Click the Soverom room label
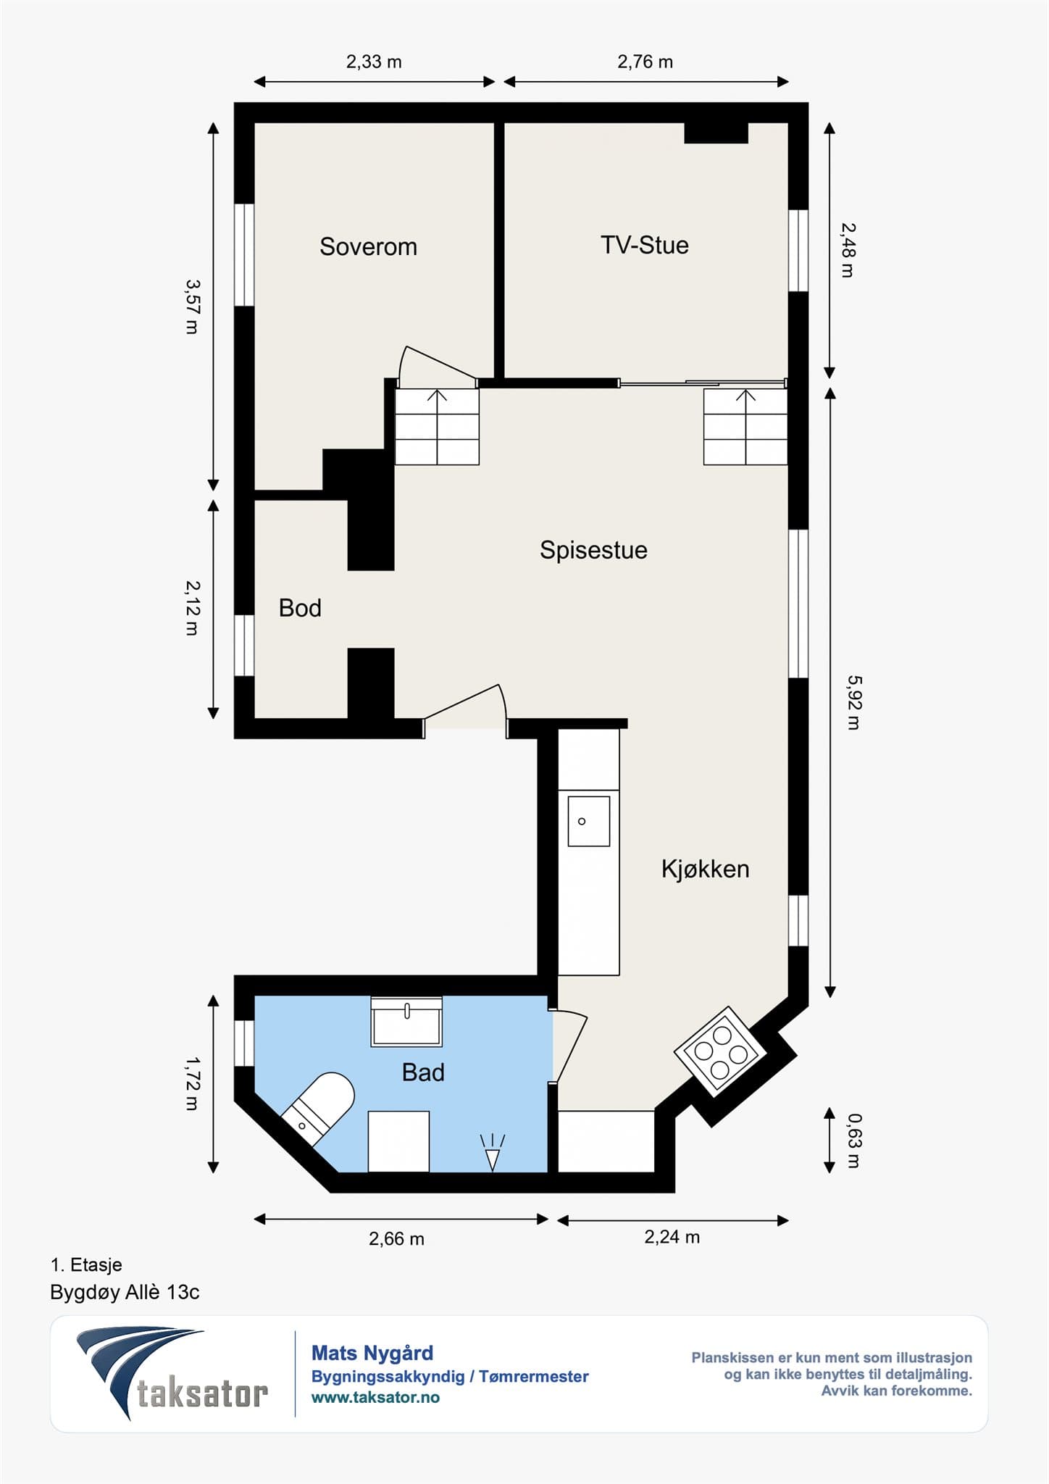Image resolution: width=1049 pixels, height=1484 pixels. coord(368,247)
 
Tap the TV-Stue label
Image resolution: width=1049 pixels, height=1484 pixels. coord(644,245)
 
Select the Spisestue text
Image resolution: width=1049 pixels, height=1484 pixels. coord(593,551)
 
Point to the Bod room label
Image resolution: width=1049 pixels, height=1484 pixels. coord(300,608)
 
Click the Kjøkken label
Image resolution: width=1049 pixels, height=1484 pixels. coord(705,869)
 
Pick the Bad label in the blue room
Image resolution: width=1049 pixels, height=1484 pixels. coord(423,1072)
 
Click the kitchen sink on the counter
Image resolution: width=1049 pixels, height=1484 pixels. coord(588,821)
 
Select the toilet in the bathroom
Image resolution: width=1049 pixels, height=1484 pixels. coord(318,1109)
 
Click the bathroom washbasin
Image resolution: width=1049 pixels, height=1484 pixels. coord(406,1022)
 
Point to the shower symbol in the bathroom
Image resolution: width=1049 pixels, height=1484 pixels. coord(493,1152)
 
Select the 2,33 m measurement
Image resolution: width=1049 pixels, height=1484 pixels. coord(374,62)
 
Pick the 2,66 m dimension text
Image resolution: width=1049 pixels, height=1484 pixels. coord(396,1238)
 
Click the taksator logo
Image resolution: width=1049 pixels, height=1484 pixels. coord(172,1374)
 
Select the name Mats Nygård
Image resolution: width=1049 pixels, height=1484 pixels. coord(372,1353)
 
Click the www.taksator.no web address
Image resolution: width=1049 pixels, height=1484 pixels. coord(375,1398)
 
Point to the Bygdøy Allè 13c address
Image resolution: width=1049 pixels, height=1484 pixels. coord(125,1292)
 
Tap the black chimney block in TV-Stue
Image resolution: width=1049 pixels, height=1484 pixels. coord(716,133)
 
